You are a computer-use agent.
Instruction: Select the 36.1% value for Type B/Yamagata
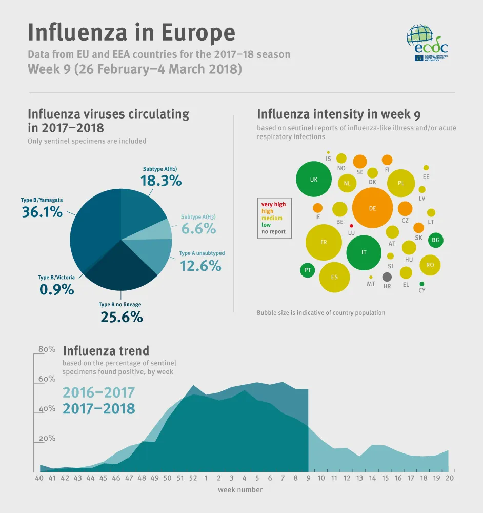[42, 211]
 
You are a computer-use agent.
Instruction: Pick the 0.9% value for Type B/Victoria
[56, 289]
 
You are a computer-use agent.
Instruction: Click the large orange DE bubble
[372, 208]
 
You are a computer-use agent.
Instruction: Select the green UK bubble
[314, 180]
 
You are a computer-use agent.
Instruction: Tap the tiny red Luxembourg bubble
[351, 226]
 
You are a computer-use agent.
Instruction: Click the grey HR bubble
[387, 277]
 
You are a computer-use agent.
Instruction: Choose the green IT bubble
[364, 252]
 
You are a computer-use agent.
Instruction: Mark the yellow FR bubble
[324, 242]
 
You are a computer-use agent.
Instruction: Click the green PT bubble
[307, 270]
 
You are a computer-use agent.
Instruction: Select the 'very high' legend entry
[274, 204]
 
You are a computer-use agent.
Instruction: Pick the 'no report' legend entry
[273, 232]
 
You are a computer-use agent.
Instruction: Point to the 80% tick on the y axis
[47, 349]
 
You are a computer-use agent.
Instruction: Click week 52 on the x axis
[193, 478]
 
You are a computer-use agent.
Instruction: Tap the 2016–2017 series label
[98, 392]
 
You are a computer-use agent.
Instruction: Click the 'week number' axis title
[240, 490]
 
